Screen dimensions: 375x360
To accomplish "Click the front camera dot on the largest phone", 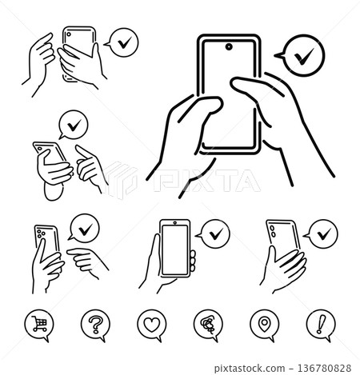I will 230,47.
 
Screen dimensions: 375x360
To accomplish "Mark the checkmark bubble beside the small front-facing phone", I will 213,233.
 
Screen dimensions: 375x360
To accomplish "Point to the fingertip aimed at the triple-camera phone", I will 71,253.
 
